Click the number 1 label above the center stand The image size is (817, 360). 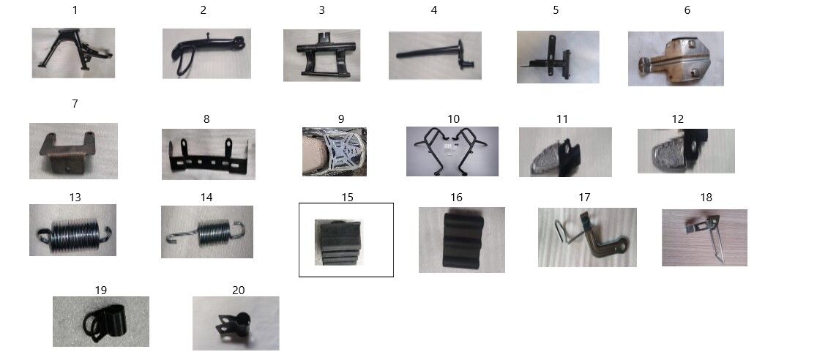point(75,10)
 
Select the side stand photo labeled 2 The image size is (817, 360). point(206,53)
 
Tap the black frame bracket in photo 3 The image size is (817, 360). point(325,53)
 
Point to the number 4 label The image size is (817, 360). point(434,10)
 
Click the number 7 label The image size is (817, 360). point(75,104)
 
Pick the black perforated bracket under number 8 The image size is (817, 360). point(207,154)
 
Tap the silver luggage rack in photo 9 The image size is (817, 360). point(339,150)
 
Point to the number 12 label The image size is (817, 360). point(677,119)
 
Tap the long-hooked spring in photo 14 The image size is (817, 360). point(206,231)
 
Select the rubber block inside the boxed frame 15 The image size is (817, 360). point(338,242)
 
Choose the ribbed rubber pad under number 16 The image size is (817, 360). point(463,240)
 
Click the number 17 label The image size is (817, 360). point(585,198)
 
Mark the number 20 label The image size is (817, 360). point(238,290)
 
